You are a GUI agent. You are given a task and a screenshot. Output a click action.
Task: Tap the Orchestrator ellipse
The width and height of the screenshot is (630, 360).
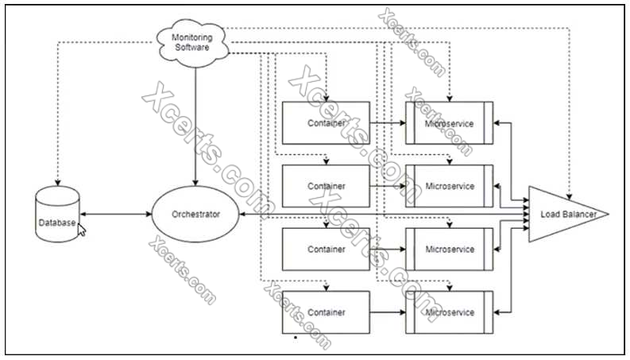tap(195, 215)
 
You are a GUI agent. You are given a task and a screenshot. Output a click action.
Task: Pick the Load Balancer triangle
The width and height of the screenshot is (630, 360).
tap(561, 214)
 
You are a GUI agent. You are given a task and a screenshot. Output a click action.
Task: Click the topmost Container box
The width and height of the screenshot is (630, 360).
tap(326, 123)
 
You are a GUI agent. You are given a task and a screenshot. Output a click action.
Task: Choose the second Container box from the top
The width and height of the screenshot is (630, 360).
tap(326, 186)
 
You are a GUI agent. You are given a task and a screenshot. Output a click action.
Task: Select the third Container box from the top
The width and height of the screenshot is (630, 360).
tap(326, 249)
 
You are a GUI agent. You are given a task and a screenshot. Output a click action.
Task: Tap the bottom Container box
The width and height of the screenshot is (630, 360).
tap(326, 312)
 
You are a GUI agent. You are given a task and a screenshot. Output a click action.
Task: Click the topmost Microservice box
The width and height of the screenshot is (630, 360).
tap(449, 123)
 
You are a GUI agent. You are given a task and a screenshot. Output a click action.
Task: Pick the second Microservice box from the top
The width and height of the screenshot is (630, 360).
tap(449, 186)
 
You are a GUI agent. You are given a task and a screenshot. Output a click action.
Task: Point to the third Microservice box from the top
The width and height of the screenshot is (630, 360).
tap(449, 249)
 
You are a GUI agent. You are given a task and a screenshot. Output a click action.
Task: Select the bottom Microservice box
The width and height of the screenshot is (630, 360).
tap(449, 312)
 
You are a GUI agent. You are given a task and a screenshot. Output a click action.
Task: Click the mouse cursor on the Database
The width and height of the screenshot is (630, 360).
tap(81, 229)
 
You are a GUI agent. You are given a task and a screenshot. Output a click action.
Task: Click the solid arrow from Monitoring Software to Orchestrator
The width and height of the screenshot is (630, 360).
tap(195, 119)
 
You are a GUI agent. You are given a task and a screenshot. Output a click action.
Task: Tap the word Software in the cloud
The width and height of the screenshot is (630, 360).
tap(194, 47)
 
